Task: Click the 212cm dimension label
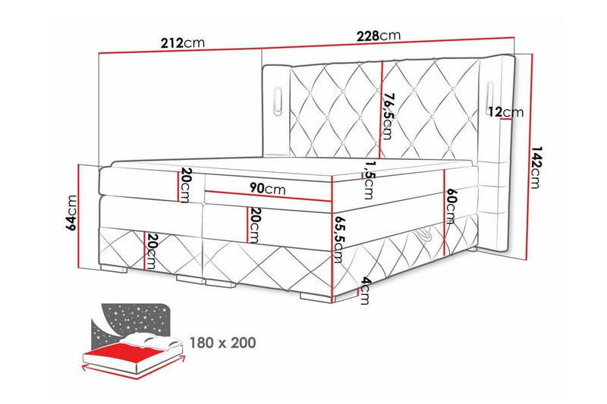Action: click(x=182, y=43)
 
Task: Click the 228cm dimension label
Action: click(x=379, y=36)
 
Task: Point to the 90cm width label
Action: click(x=265, y=186)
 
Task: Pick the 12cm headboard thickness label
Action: click(x=506, y=112)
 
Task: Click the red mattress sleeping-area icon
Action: click(x=125, y=354)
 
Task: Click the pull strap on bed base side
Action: click(x=428, y=237)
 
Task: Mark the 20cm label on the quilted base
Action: click(x=151, y=249)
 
